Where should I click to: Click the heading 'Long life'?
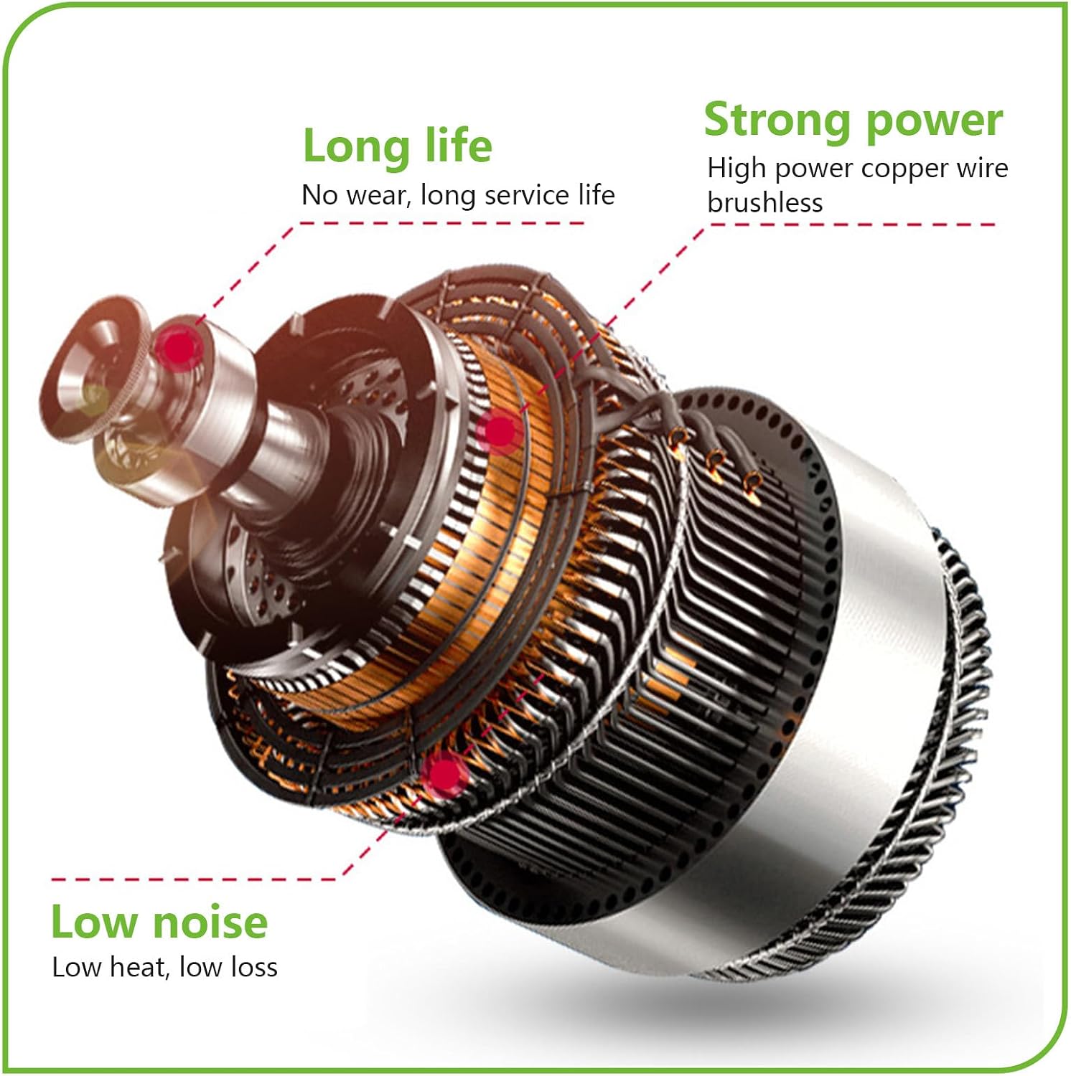tap(398, 146)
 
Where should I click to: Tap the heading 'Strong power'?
tap(853, 121)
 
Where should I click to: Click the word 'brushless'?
tap(764, 202)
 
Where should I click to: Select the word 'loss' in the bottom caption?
tap(253, 967)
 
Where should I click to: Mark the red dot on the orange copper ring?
tap(498, 430)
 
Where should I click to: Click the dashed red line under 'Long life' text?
tap(441, 223)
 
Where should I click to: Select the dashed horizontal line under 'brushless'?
tap(852, 225)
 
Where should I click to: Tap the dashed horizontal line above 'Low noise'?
tap(195, 879)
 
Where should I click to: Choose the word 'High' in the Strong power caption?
tap(736, 169)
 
